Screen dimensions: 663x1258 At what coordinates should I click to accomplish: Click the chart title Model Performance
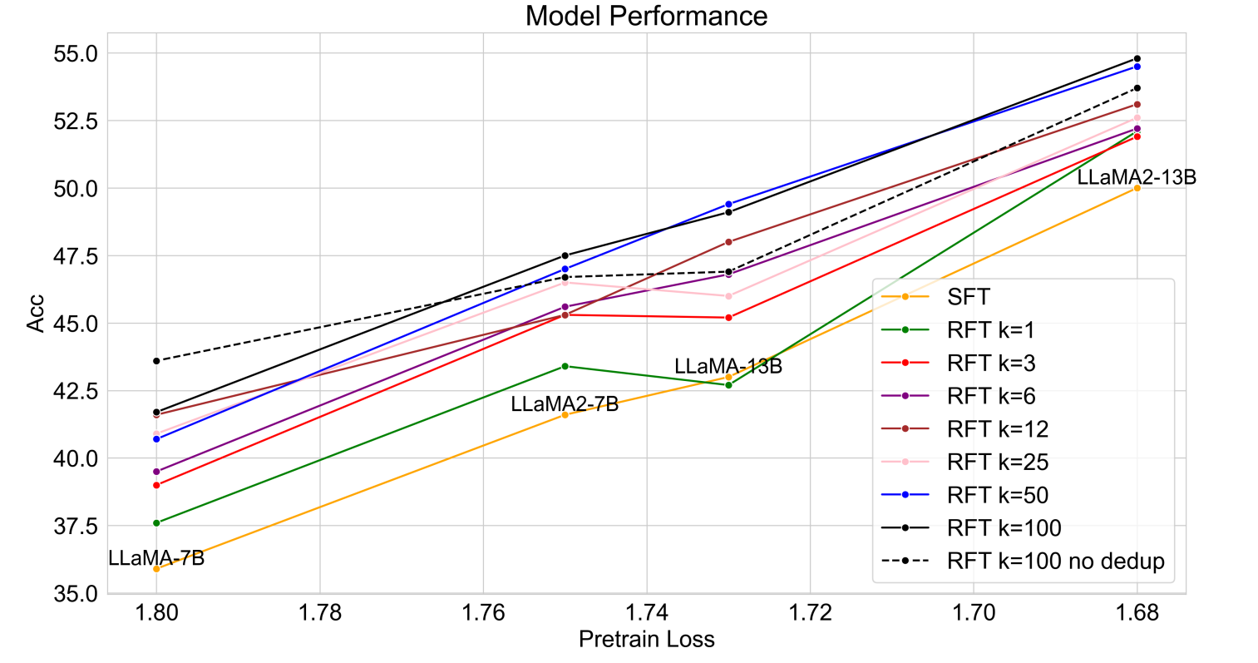[646, 15]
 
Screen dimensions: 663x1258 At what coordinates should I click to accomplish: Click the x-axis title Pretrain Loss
[646, 639]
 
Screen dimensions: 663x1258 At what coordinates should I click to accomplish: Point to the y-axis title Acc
[35, 314]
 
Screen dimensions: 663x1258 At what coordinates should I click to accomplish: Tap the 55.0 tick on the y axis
[75, 53]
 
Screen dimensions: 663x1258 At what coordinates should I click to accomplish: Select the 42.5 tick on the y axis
[75, 391]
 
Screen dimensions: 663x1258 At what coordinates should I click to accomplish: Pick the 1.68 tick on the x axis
[1137, 613]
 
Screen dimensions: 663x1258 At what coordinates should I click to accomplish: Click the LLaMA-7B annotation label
[156, 557]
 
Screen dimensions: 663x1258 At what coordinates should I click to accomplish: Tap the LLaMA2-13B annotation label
[1137, 176]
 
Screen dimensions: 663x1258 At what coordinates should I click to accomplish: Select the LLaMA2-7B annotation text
[565, 404]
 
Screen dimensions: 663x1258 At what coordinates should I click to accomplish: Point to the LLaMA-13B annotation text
[728, 366]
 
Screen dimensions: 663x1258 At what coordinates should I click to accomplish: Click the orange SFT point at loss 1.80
[156, 569]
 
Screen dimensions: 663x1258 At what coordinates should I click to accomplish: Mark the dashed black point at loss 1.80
[156, 361]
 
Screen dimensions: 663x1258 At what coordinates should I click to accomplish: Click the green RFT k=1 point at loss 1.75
[565, 366]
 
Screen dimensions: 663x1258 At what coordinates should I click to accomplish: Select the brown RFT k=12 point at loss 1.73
[728, 242]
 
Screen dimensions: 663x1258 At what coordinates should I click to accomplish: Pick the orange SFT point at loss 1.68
[1137, 188]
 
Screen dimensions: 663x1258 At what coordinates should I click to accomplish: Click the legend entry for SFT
[969, 297]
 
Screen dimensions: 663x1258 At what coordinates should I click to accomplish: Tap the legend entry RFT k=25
[997, 462]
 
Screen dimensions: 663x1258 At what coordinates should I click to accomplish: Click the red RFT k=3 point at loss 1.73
[728, 318]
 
